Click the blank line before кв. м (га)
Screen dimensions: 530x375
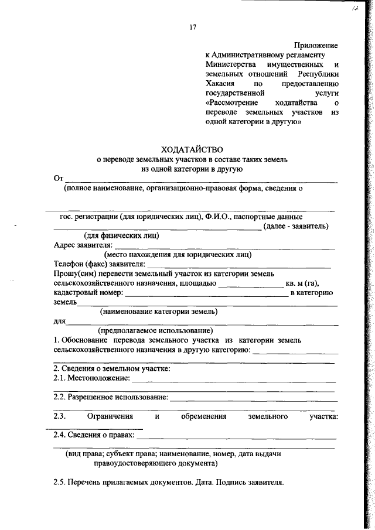point(250,283)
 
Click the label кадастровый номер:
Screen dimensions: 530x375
point(87,293)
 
